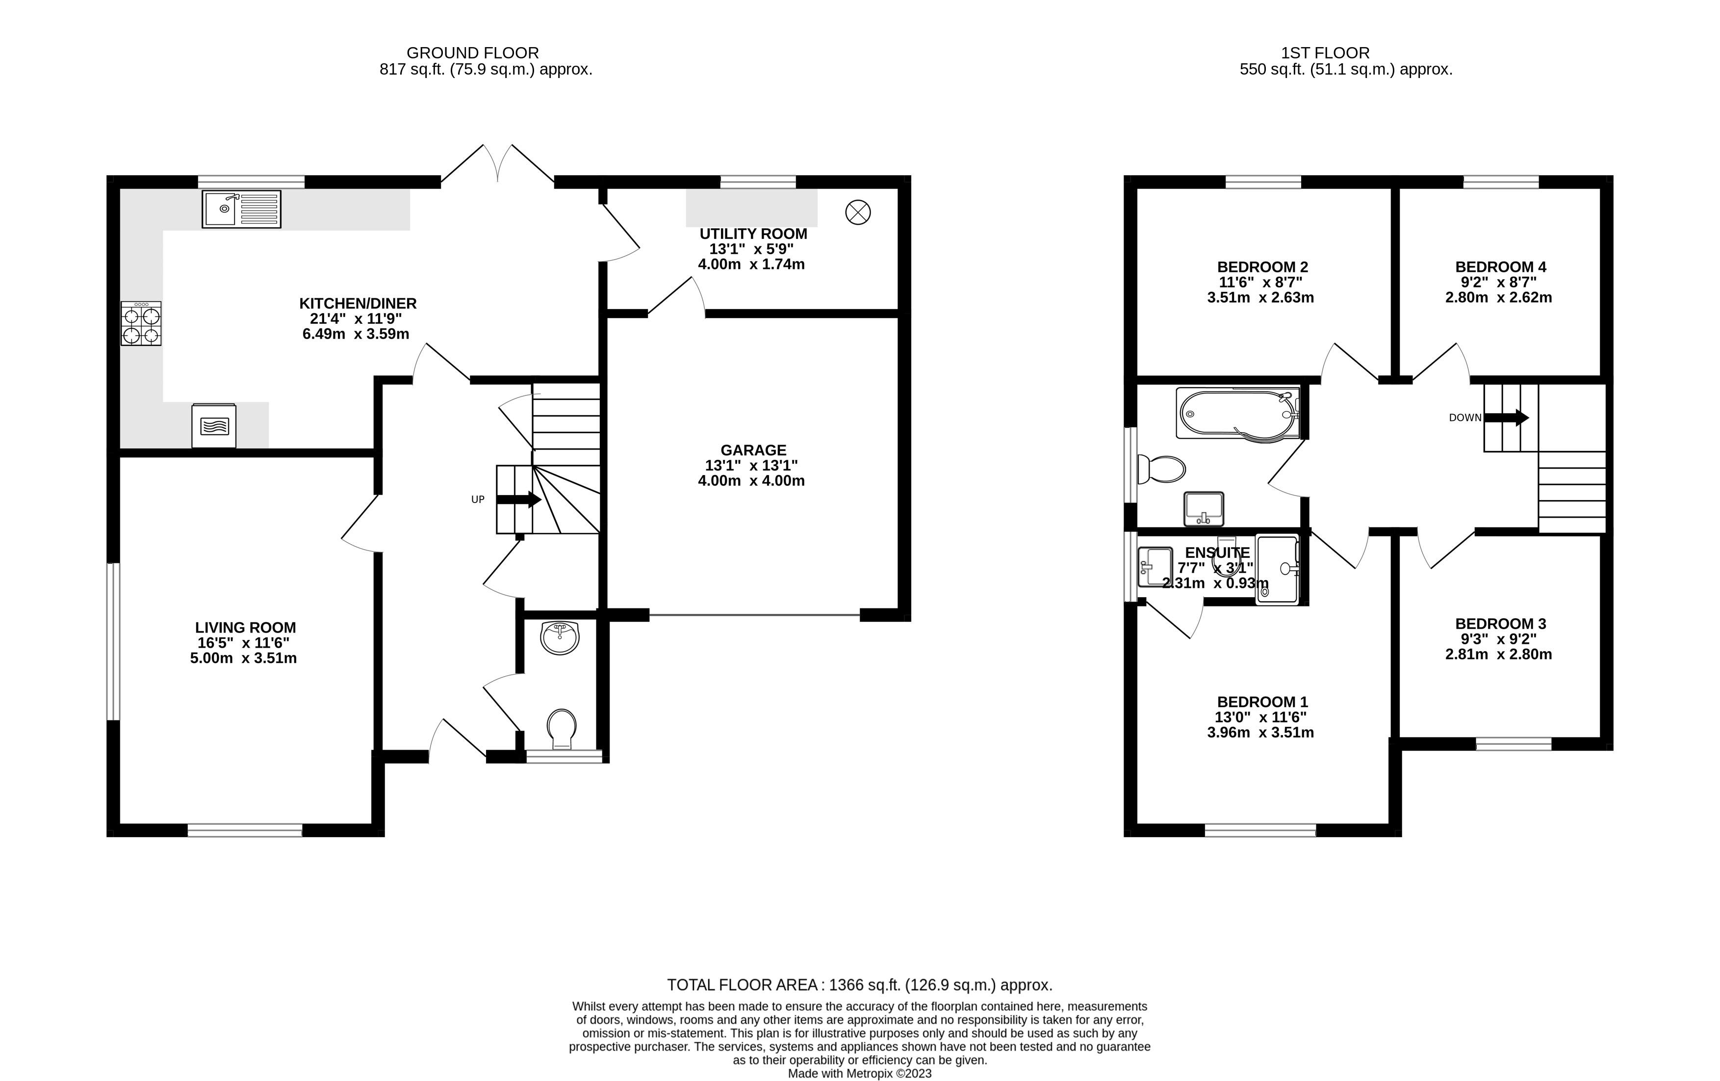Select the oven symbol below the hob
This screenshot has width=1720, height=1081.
(x=213, y=426)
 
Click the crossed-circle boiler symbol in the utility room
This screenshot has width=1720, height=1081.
(x=858, y=212)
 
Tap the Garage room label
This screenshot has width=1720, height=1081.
(x=753, y=450)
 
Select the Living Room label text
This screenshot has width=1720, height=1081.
(x=245, y=627)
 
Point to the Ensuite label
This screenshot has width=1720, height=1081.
(x=1217, y=553)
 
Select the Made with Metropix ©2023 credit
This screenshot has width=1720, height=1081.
(x=859, y=1074)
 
